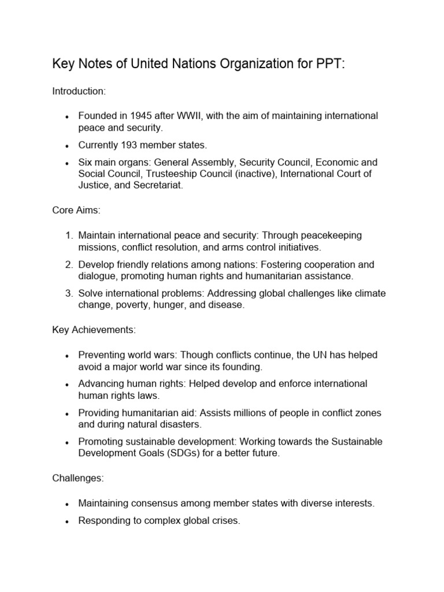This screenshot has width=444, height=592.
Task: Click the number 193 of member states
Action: [x=127, y=145]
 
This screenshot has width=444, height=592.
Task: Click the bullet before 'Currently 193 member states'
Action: [x=68, y=145]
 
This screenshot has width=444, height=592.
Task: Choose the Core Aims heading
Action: [x=76, y=211]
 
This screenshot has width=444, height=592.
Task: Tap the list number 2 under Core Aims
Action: [x=68, y=265]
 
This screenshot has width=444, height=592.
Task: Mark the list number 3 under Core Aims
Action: [x=68, y=294]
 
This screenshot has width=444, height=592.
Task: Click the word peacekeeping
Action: [x=334, y=235]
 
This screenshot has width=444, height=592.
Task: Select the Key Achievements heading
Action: [x=94, y=330]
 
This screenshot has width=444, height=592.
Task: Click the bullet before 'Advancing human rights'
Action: [x=68, y=384]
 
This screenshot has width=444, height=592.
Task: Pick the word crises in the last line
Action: [x=225, y=520]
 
